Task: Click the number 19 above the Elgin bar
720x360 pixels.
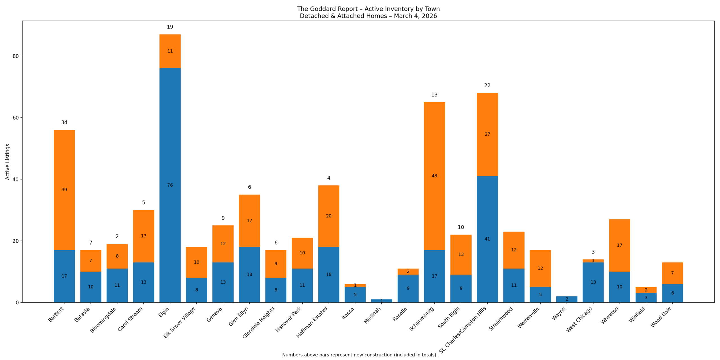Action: tap(170, 27)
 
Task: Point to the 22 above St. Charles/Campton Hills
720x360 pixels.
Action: tap(487, 85)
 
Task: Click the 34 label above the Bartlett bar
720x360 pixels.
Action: tap(64, 123)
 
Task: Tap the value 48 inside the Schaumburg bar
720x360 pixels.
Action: tap(434, 176)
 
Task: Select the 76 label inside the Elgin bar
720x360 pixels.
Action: tap(170, 185)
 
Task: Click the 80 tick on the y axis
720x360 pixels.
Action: tap(15, 56)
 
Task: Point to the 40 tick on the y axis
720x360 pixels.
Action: tap(15, 179)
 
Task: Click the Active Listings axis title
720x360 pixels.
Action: tap(8, 162)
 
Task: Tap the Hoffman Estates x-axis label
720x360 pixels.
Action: tap(312, 322)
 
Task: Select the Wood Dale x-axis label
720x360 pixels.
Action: tap(661, 317)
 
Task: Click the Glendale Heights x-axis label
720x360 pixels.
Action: tap(259, 322)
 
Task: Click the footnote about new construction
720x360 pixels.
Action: tap(360, 355)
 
